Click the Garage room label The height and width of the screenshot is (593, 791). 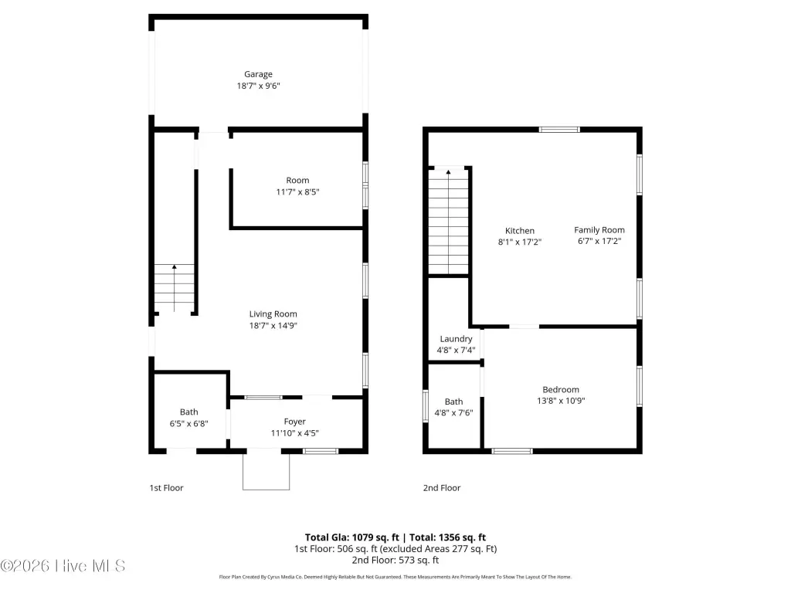click(258, 74)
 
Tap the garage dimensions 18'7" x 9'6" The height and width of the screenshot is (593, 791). click(258, 86)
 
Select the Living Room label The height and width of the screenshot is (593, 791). click(273, 314)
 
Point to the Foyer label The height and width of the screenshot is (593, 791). click(294, 422)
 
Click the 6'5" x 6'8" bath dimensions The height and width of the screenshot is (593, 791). click(188, 424)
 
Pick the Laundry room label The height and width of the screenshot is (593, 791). click(456, 339)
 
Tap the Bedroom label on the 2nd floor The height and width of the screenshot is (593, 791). click(561, 389)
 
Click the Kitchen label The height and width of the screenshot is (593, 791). click(520, 230)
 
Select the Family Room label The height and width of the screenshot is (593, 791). click(599, 230)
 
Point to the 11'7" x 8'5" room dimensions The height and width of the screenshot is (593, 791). click(297, 191)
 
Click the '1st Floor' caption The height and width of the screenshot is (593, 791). click(167, 488)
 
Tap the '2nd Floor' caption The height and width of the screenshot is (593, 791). click(442, 488)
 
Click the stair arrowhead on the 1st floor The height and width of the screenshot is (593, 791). click(174, 266)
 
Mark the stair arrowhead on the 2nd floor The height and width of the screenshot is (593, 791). click(449, 172)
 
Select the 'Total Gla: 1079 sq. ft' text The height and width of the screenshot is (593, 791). click(351, 537)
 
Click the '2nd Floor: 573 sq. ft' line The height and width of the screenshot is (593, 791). click(395, 561)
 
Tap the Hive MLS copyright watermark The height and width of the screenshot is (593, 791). click(63, 566)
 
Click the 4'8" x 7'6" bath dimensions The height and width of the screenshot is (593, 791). click(453, 412)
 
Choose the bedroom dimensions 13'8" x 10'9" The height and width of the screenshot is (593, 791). click(561, 401)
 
